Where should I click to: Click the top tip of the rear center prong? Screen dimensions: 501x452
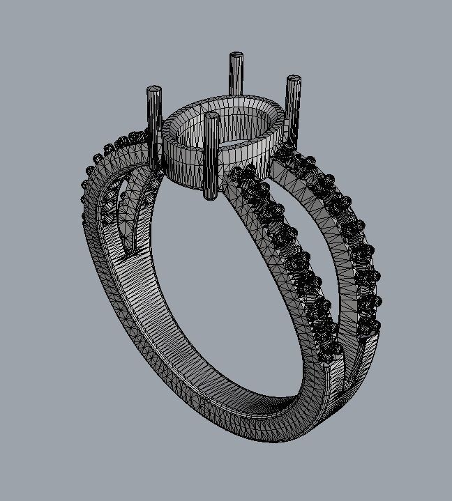236,55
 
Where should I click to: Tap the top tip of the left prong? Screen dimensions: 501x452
154,89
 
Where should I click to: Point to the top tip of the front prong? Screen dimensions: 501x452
211,114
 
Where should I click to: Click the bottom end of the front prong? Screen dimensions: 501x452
209,197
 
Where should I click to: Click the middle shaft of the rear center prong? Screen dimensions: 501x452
236,77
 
